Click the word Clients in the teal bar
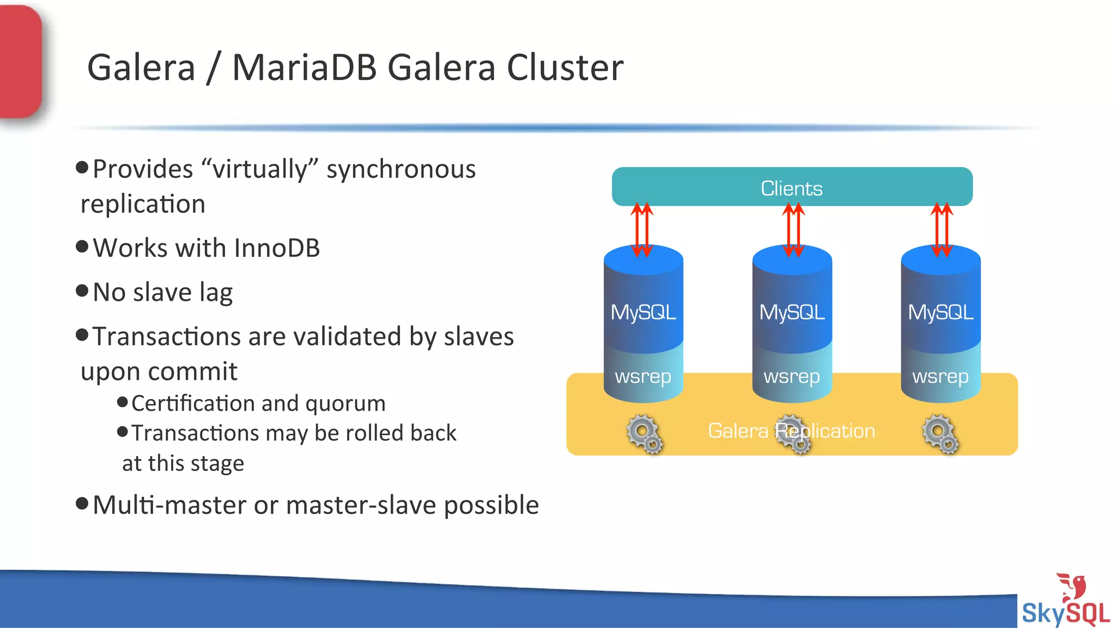click(791, 189)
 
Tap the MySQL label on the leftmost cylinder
click(643, 312)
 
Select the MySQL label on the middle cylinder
click(792, 312)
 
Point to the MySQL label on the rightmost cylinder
click(941, 312)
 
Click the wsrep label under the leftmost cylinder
click(643, 376)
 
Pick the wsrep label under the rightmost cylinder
click(941, 376)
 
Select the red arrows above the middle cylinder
click(793, 230)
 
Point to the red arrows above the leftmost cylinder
click(642, 230)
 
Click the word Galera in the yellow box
click(738, 431)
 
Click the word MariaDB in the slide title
click(304, 68)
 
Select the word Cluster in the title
click(565, 68)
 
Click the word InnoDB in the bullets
click(277, 248)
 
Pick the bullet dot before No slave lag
click(82, 291)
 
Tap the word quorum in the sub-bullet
click(345, 404)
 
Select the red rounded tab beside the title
click(20, 61)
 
